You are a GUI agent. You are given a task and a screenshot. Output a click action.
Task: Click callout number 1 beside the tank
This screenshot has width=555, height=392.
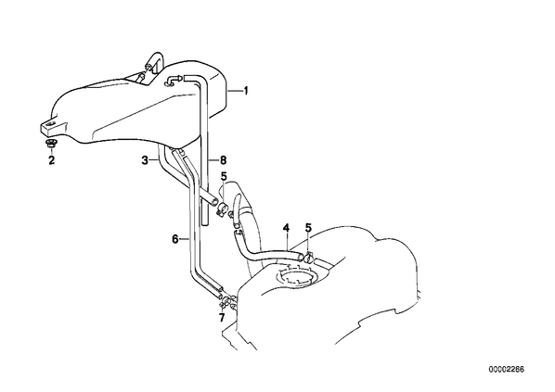point(246,91)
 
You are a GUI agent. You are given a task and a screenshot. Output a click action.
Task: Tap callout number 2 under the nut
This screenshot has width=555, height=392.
point(52,160)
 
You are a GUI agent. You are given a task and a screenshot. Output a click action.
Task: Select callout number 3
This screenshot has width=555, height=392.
point(145,160)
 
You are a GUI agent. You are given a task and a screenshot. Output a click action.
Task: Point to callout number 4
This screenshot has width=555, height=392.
point(286,228)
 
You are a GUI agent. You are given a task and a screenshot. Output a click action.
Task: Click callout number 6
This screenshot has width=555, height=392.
point(175,239)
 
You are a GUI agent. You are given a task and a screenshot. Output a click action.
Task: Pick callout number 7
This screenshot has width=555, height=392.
point(222,318)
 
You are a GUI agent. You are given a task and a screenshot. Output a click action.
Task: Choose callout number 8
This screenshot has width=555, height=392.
point(223,160)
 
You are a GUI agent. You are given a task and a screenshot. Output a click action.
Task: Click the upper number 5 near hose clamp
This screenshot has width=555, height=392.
point(224,176)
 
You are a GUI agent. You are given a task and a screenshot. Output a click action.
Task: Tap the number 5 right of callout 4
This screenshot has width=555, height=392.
point(309,228)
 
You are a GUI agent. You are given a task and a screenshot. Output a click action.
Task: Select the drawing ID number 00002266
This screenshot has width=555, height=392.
point(507,370)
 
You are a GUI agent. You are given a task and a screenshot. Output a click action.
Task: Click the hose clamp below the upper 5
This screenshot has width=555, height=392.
point(223,209)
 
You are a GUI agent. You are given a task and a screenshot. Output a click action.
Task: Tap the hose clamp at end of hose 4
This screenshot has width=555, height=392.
point(307,258)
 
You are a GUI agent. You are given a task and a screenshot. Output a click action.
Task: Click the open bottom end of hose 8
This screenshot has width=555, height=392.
point(205,222)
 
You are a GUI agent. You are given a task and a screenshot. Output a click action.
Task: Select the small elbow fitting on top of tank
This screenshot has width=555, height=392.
point(174,81)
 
